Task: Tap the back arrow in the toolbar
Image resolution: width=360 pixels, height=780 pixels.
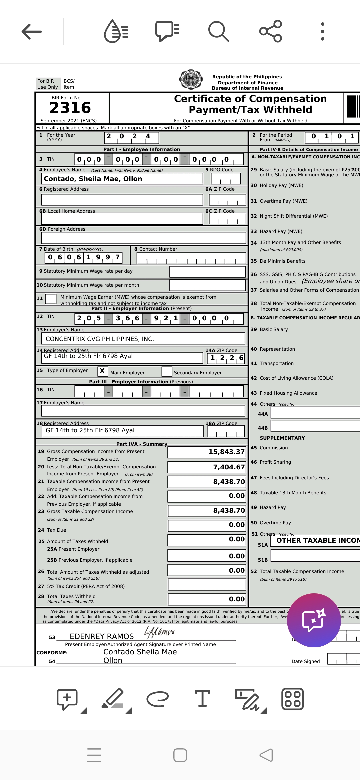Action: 32,32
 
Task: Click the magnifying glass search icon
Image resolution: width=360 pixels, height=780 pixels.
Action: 219,32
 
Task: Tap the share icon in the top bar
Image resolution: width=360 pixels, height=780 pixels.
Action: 271,31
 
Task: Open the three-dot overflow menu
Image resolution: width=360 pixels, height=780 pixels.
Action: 322,32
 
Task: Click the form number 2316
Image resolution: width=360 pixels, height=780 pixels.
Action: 70,108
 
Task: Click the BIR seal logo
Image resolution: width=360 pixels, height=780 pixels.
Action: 191,80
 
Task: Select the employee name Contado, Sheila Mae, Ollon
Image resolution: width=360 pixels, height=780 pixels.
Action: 93,179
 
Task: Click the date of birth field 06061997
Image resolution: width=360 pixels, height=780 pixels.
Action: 83,257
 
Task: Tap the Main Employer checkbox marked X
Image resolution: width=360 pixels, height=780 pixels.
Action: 102,371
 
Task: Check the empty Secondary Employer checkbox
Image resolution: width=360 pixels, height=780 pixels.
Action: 167,371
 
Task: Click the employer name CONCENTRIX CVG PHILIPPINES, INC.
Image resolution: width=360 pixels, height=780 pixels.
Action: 100,339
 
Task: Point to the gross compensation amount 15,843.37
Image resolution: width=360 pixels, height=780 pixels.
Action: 226,452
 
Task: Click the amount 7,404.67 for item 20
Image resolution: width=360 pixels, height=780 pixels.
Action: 229,467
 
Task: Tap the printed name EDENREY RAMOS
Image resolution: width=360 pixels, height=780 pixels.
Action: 102,636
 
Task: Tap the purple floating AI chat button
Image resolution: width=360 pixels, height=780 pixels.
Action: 314,620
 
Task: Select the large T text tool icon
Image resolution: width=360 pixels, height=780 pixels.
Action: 202,699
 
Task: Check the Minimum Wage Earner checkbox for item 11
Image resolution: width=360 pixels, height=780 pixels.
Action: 51,299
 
